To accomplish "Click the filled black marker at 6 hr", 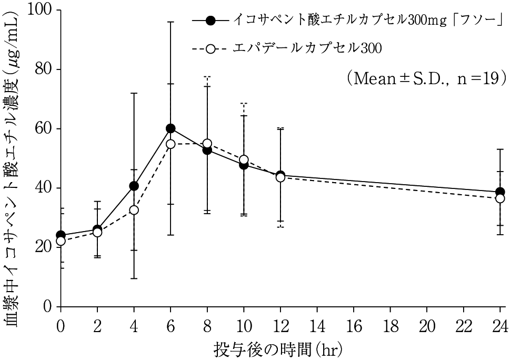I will (x=171, y=128).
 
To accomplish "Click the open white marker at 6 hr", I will (x=171, y=144).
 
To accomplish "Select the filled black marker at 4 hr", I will (x=134, y=186).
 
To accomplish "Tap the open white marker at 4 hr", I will (x=134, y=210).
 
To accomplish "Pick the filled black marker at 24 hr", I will (x=500, y=192).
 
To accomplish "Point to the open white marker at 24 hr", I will (x=500, y=198).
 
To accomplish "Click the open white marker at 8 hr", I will (x=207, y=143).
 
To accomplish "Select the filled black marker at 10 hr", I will (x=244, y=165).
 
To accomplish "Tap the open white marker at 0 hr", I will (x=61, y=241).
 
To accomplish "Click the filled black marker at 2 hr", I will (x=97, y=229).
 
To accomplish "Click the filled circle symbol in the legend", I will (x=211, y=21).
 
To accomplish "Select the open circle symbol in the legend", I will (x=211, y=49).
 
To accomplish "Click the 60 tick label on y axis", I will (x=45, y=128).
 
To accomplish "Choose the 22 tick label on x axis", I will (x=463, y=324).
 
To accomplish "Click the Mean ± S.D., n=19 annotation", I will (x=426, y=78).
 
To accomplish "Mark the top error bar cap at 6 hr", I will (x=171, y=22).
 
